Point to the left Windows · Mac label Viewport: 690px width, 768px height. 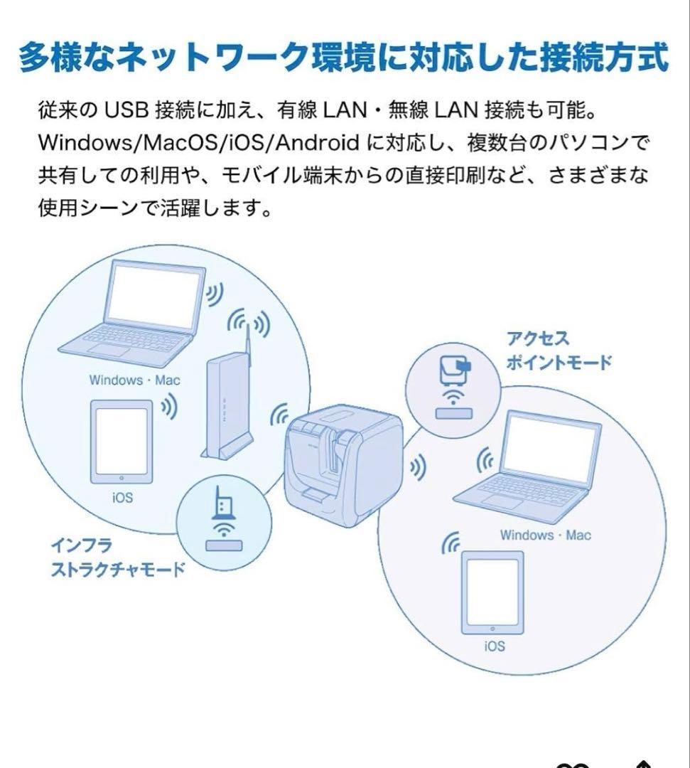click(134, 380)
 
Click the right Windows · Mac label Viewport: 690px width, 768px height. click(545, 535)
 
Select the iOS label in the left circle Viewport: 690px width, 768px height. click(122, 498)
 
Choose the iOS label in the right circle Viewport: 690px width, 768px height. click(494, 646)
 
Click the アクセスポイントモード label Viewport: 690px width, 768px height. click(558, 351)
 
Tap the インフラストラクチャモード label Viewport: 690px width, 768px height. click(117, 558)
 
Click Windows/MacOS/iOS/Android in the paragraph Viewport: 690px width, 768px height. click(198, 143)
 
